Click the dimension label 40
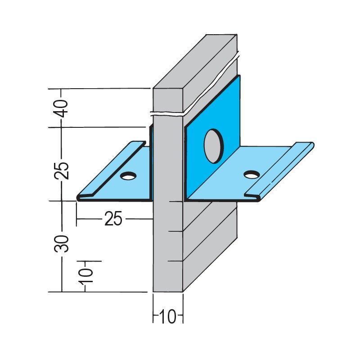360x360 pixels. tap(62, 108)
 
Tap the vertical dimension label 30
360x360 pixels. tap(62, 243)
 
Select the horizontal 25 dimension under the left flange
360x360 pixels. tap(113, 219)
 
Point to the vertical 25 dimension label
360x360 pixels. tap(62, 171)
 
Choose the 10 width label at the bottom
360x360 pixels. tap(168, 317)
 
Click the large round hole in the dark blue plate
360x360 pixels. tap(213, 146)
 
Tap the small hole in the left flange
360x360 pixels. tap(128, 175)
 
